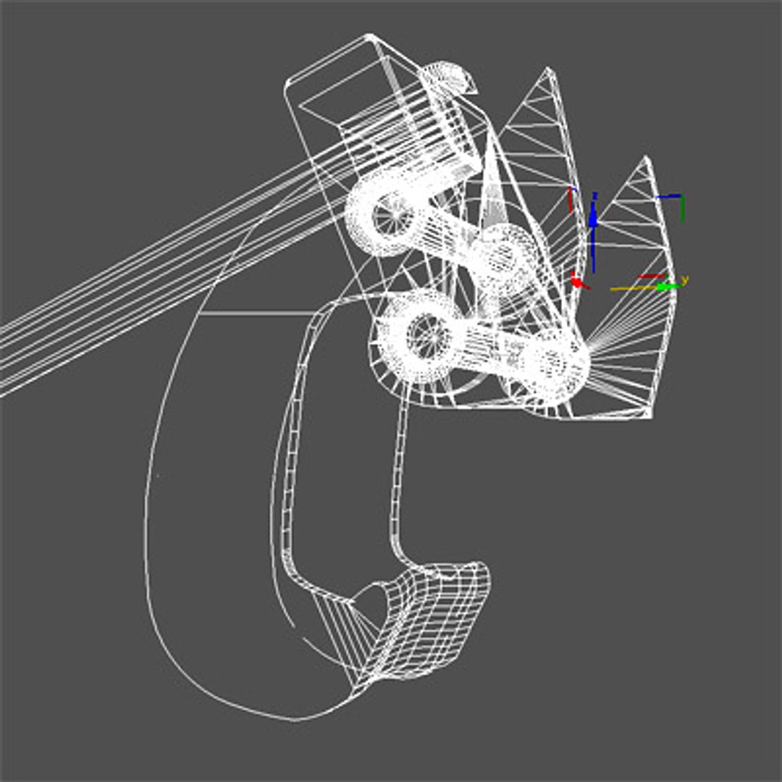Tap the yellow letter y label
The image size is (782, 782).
tap(684, 279)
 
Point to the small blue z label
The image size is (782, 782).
tap(594, 195)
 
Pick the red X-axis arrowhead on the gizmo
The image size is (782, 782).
tap(577, 281)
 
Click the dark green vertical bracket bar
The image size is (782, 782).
tap(682, 209)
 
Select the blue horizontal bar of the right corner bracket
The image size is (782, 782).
tap(669, 195)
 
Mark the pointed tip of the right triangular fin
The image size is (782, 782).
tap(645, 157)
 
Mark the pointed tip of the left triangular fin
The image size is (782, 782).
tap(548, 70)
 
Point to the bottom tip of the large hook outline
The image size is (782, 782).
tap(293, 720)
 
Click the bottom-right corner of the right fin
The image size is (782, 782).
tap(649, 416)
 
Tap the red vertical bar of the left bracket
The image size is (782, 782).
tap(570, 201)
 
